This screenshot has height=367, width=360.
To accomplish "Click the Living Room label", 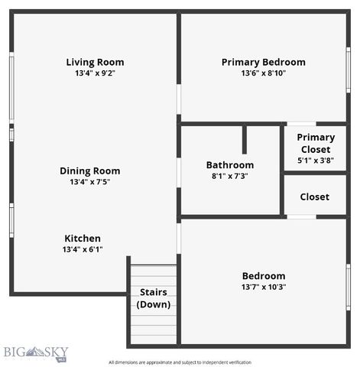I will [95, 62].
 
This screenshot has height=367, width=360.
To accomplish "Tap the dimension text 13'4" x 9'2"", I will [95, 73].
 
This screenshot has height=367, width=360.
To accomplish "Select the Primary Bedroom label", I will [263, 62].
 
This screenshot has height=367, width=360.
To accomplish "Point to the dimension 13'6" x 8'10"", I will [263, 73].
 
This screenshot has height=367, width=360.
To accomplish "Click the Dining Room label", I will [90, 171].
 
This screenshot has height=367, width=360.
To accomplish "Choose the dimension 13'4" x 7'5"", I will [90, 182].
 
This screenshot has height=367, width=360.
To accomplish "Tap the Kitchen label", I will [83, 238].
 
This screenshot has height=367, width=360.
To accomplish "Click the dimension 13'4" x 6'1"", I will [83, 249].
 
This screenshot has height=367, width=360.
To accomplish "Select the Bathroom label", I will [230, 164].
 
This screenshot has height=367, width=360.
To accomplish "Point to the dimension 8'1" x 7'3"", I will [230, 176].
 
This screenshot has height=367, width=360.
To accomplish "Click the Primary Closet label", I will [316, 143].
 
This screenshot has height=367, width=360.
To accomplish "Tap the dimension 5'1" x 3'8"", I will [316, 161].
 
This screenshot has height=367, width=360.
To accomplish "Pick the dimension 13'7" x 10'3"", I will [264, 287].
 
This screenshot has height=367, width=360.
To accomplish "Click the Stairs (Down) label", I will [154, 298].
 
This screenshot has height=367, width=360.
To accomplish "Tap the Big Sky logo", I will [35, 352].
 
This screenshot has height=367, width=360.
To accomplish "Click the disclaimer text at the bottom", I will [180, 362].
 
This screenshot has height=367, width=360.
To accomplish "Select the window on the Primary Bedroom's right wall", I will [348, 70].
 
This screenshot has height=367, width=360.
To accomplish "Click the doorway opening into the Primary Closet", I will [300, 124].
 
